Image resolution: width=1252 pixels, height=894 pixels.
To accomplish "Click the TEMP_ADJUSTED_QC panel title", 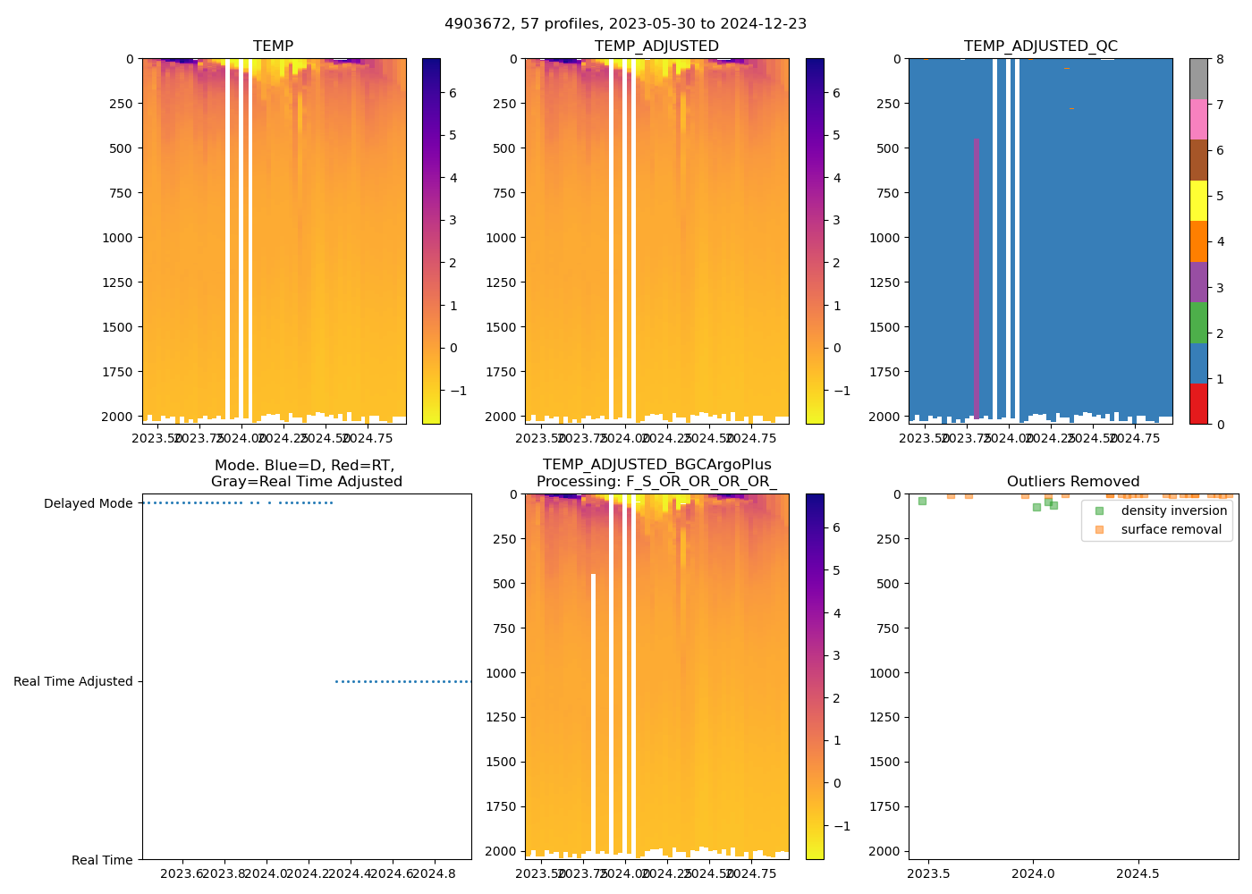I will pyautogui.click(x=1040, y=46).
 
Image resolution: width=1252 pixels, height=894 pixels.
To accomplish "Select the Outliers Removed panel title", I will pyautogui.click(x=1073, y=482).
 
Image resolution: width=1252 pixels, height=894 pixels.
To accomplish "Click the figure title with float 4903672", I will pyautogui.click(x=625, y=24).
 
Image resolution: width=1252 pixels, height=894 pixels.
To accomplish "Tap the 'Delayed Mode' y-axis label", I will pyautogui.click(x=89, y=504).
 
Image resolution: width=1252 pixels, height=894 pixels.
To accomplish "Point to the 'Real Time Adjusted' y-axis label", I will pyautogui.click(x=73, y=682).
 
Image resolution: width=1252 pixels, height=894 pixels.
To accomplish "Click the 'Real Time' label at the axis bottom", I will pyautogui.click(x=102, y=860).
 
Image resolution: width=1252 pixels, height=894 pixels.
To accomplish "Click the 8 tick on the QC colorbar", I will pyautogui.click(x=1220, y=60).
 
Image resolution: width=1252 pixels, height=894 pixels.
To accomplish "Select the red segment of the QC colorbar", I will pyautogui.click(x=1198, y=403).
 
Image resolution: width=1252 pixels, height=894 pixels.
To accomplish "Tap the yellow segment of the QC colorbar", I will pyautogui.click(x=1198, y=200).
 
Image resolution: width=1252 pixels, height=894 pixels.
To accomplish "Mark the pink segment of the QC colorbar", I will pyautogui.click(x=1198, y=119).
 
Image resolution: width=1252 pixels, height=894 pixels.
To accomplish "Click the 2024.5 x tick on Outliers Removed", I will pyautogui.click(x=1138, y=873).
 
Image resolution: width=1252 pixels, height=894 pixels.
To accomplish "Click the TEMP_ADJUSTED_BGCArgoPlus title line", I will pyautogui.click(x=656, y=465).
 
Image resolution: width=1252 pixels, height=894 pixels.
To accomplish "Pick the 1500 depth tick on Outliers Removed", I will pyautogui.click(x=885, y=762).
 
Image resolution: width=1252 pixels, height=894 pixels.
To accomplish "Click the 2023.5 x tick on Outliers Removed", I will pyautogui.click(x=929, y=873).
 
